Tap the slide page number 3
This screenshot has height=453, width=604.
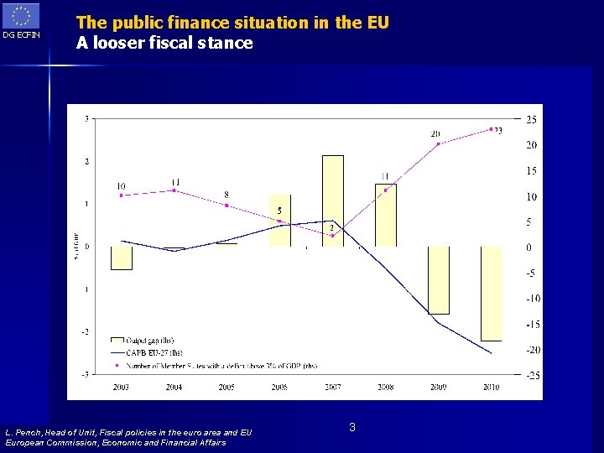coord(352,428)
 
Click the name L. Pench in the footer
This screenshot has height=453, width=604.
coord(29,433)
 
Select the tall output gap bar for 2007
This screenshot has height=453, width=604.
coord(333,200)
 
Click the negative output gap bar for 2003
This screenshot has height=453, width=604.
coord(122,258)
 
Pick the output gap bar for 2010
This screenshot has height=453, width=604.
coord(491,294)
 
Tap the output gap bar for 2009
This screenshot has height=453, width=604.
coord(438,280)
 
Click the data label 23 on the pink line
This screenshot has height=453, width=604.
coord(498,131)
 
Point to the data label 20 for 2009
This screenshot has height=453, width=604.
coord(435,133)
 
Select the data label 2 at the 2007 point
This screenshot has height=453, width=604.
coord(331,227)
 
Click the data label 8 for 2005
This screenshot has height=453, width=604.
coord(226,195)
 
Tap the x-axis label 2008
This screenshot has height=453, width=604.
coord(385,387)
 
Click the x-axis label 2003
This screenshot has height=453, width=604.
coord(122,387)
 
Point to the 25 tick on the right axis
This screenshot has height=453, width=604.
coord(532,120)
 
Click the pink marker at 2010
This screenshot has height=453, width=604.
coord(491,128)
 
